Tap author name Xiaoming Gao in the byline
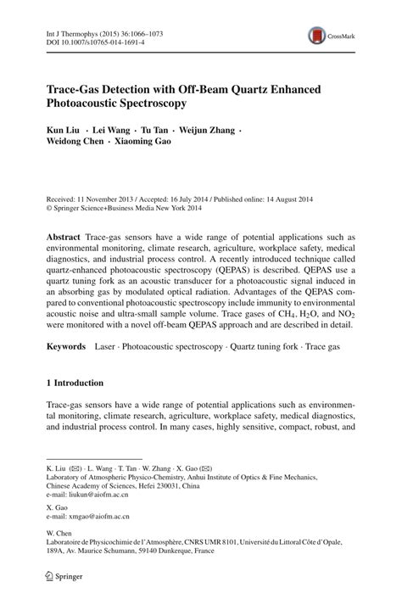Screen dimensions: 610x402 tap(144, 142)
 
